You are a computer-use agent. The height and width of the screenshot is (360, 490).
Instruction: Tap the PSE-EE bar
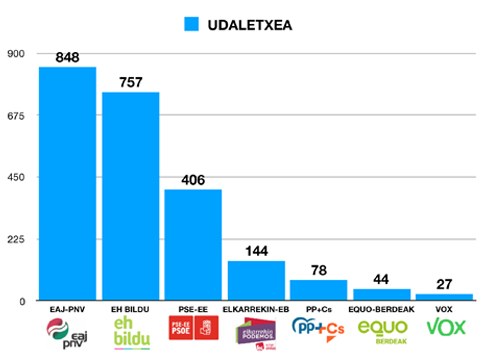click(x=193, y=244)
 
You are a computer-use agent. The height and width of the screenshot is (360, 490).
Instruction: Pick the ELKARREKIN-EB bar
click(x=257, y=280)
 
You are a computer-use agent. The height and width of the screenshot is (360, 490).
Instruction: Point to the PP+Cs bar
click(x=319, y=289)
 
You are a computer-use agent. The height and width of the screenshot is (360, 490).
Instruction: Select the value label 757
click(x=131, y=83)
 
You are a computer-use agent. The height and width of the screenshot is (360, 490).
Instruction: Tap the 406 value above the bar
click(x=193, y=180)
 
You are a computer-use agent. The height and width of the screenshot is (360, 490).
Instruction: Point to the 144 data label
click(x=257, y=251)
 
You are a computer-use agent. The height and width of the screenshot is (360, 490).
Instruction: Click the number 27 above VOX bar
click(x=445, y=284)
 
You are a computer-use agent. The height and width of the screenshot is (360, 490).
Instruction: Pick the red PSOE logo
click(x=193, y=329)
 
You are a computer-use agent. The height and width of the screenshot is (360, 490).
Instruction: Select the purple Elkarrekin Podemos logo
click(x=257, y=331)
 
